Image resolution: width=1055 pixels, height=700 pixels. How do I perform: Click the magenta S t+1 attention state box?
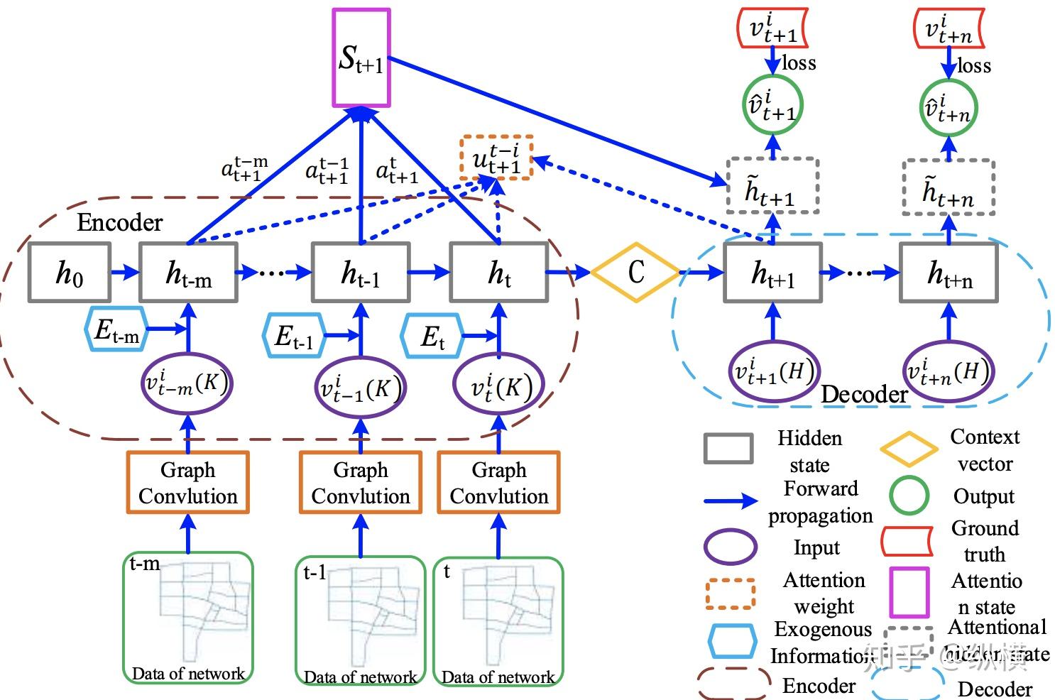pos(361,58)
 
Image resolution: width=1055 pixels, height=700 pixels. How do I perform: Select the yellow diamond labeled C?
pos(635,272)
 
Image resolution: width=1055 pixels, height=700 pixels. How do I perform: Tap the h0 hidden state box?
pos(69,273)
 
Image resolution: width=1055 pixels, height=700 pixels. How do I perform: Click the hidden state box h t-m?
pos(188,273)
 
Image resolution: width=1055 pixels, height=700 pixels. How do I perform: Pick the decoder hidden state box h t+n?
pos(949,273)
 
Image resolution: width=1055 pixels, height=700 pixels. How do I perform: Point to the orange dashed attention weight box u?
pos(497,158)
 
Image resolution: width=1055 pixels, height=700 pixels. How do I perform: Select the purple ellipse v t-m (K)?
pos(187,384)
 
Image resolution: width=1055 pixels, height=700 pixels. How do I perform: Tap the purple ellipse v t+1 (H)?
pos(773,371)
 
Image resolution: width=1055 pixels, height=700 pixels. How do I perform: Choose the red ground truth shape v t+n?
pos(949,28)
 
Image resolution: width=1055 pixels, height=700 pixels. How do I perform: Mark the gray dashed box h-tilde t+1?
pos(772,187)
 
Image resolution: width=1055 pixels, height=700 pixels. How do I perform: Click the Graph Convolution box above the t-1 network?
pos(361,483)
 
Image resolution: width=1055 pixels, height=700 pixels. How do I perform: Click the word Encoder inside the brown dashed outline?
pos(119,223)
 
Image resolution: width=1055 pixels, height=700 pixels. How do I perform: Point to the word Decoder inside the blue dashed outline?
pos(864,395)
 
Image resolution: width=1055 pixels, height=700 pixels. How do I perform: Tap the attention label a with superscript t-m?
pos(244,169)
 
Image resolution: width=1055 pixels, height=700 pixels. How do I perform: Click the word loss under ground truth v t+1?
pos(799,63)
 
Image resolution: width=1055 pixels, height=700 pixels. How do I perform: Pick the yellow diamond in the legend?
pos(909,449)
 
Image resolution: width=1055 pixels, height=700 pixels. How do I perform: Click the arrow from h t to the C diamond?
pos(569,272)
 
